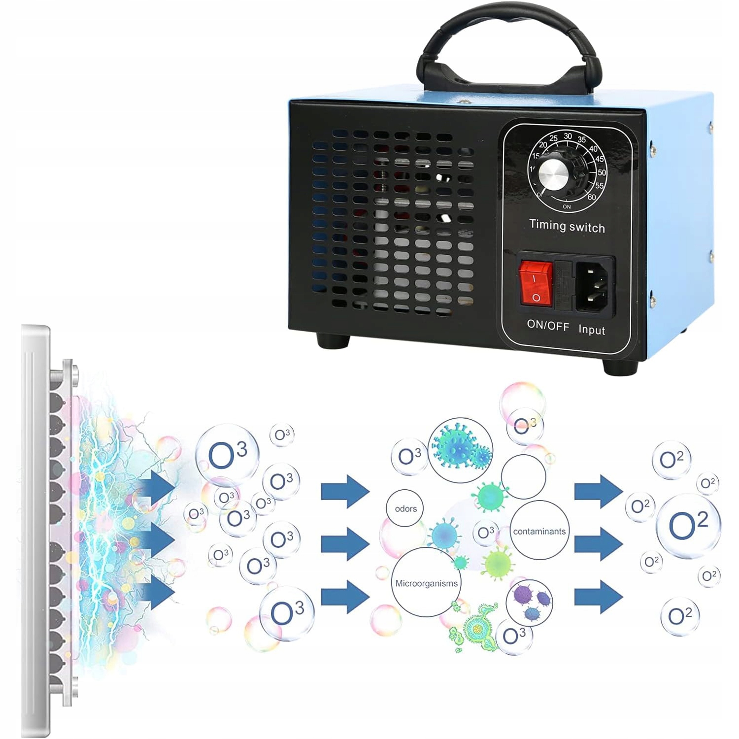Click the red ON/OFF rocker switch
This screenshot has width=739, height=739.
click(x=536, y=284)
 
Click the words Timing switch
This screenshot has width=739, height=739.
click(x=567, y=226)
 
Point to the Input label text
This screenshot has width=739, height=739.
click(x=591, y=330)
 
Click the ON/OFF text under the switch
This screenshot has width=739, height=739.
click(x=548, y=325)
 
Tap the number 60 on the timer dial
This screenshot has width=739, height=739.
click(x=591, y=197)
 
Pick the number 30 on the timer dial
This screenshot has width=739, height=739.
click(x=568, y=136)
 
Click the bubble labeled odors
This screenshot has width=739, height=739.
click(x=405, y=508)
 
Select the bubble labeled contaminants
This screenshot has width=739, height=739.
click(x=539, y=531)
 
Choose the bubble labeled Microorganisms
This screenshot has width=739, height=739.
click(x=427, y=583)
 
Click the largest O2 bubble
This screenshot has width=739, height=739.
click(x=688, y=525)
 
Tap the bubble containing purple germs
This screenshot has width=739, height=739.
click(x=530, y=602)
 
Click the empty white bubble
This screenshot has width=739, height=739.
click(x=523, y=477)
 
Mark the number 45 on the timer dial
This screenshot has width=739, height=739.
click(x=599, y=159)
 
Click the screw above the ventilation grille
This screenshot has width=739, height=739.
click(x=462, y=102)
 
